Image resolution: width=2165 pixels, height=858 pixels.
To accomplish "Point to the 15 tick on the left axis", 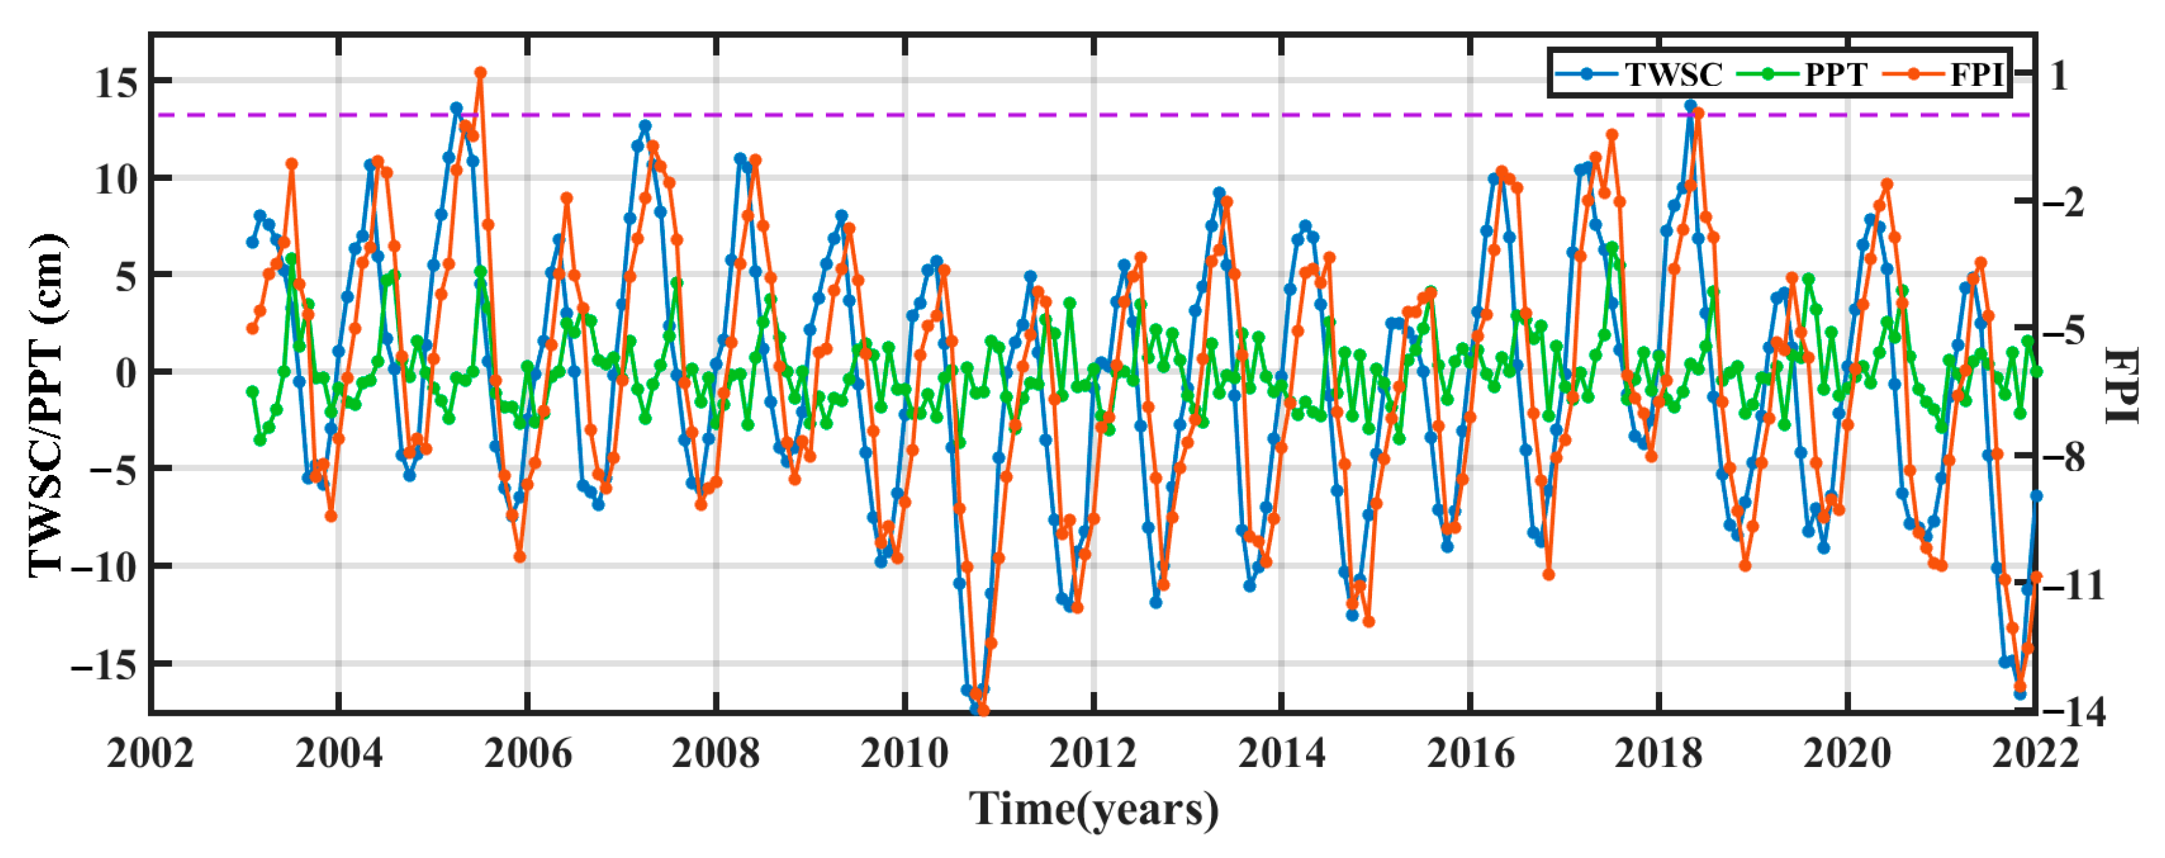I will click(116, 82).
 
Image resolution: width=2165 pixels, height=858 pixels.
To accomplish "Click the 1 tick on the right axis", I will click(2058, 76).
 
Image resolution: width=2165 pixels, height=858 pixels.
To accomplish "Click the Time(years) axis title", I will click(1093, 810).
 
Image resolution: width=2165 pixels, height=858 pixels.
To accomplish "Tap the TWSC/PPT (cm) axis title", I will click(47, 406).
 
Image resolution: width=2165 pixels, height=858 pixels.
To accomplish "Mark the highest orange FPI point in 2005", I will click(480, 73).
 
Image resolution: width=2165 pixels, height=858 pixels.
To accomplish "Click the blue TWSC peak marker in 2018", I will click(1690, 105).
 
